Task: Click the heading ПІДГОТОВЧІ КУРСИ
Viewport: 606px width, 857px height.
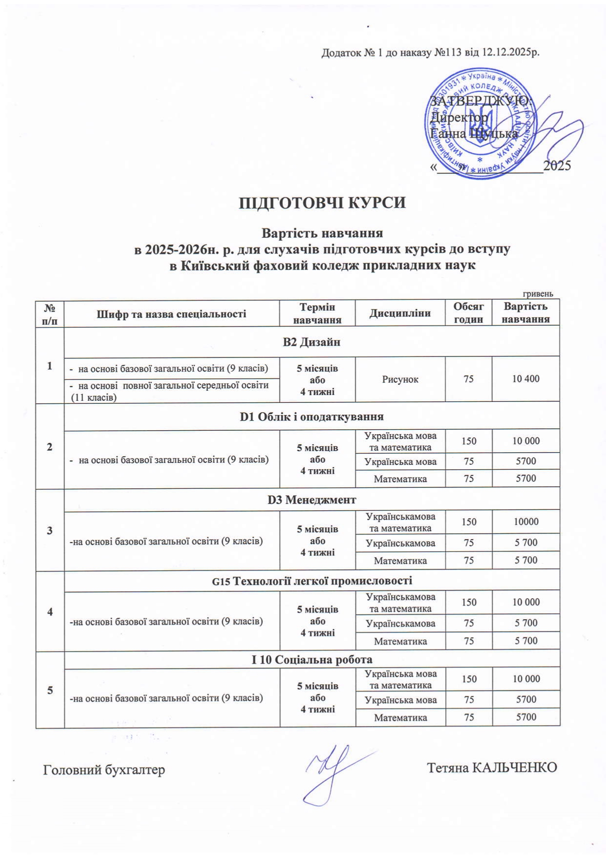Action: (x=322, y=203)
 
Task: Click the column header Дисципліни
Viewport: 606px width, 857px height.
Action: (x=400, y=313)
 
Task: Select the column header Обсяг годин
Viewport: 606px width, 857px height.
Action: (x=468, y=313)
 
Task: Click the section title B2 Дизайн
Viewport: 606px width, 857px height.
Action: (x=311, y=342)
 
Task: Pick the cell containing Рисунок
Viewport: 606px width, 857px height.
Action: (x=400, y=379)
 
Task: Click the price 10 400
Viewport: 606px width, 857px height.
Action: (x=525, y=378)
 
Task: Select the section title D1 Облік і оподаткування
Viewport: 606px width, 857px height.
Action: (x=311, y=417)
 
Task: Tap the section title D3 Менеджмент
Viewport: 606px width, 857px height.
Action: (x=311, y=500)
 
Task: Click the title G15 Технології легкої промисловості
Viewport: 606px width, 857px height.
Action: (x=311, y=581)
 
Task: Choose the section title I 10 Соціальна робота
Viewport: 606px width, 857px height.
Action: (x=311, y=660)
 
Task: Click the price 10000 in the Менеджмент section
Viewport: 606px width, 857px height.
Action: (x=526, y=522)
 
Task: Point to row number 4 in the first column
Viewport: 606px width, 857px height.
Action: (x=50, y=611)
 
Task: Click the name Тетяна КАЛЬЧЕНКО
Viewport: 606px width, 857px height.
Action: (x=492, y=768)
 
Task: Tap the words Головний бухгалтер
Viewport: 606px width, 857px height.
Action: (x=104, y=770)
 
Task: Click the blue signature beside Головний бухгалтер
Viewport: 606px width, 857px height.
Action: (x=332, y=772)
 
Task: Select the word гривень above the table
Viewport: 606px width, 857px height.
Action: (x=538, y=294)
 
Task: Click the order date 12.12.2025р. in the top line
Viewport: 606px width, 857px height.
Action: (x=511, y=52)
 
